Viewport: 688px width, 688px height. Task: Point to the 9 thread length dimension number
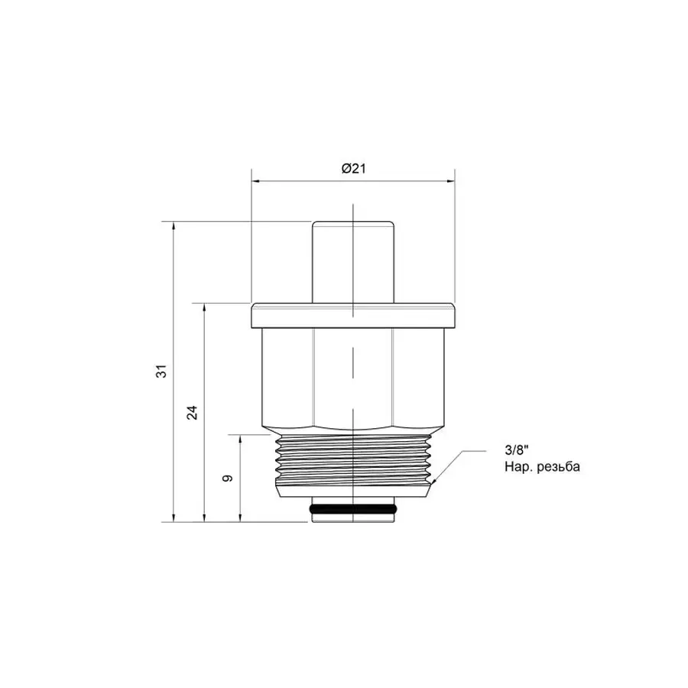(227, 479)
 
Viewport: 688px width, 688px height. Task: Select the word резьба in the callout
(549, 466)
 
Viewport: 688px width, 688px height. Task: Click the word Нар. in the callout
(514, 466)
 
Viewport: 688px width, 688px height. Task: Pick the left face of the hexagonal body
(287, 375)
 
